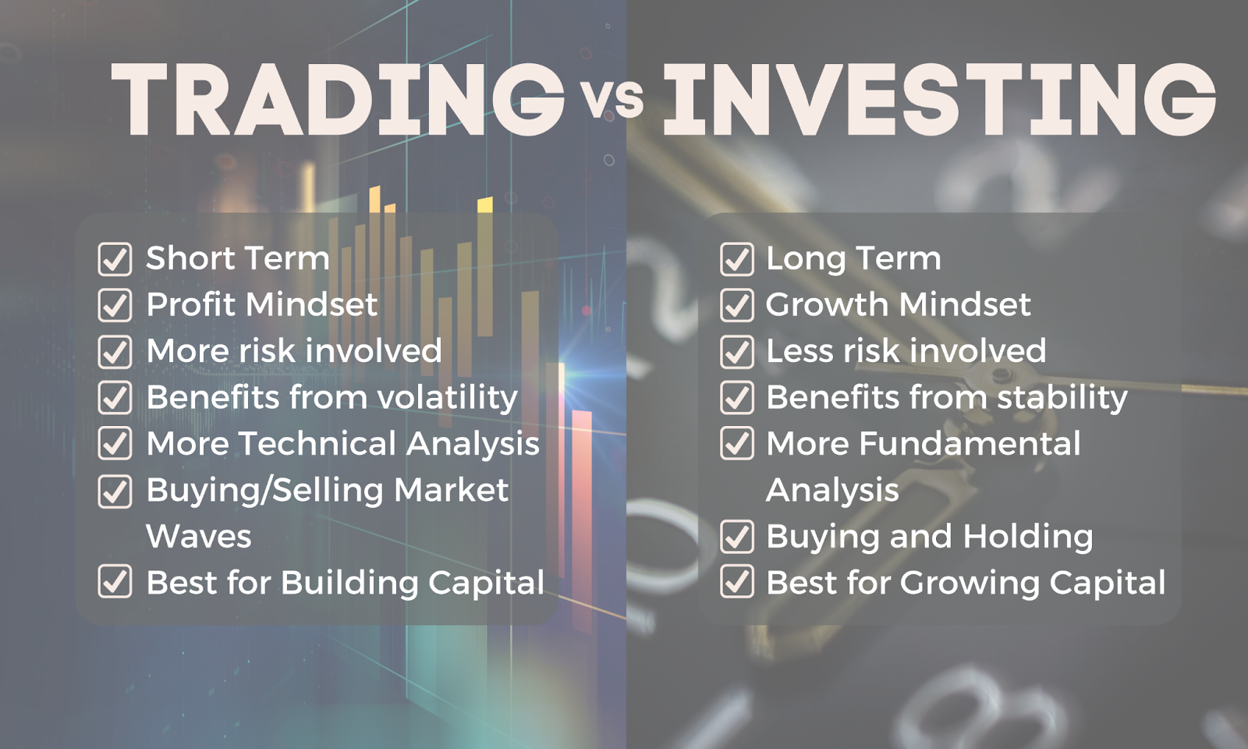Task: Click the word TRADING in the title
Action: [339, 99]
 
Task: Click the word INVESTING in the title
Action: [939, 99]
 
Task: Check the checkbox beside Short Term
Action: [115, 259]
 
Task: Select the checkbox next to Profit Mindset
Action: [115, 305]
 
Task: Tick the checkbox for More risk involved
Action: [115, 352]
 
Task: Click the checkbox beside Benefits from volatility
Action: [115, 397]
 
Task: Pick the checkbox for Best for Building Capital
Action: [115, 581]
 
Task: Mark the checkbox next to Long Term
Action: [736, 259]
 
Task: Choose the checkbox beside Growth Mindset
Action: [736, 305]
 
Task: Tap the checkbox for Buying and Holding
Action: [736, 536]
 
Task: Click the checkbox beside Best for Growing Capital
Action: [736, 581]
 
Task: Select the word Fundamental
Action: [970, 444]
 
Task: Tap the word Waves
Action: [199, 536]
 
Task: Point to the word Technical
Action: [317, 444]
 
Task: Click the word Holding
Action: [1027, 538]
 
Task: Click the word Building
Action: [349, 583]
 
